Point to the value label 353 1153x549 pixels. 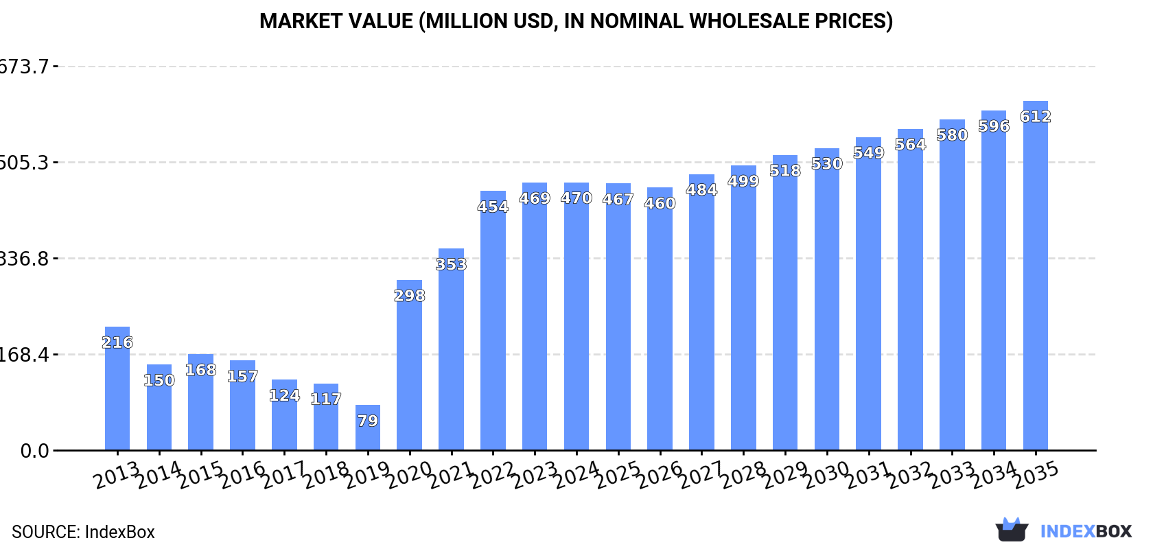click(x=451, y=264)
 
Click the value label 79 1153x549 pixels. click(x=368, y=421)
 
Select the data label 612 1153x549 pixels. click(x=1035, y=117)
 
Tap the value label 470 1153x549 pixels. click(x=576, y=198)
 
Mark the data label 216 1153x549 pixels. click(x=117, y=342)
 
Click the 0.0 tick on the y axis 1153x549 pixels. click(x=34, y=451)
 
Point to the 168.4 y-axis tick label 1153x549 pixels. click(x=25, y=355)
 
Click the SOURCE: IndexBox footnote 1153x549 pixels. click(x=83, y=532)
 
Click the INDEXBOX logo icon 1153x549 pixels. click(x=1012, y=530)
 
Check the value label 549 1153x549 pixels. click(x=868, y=152)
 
